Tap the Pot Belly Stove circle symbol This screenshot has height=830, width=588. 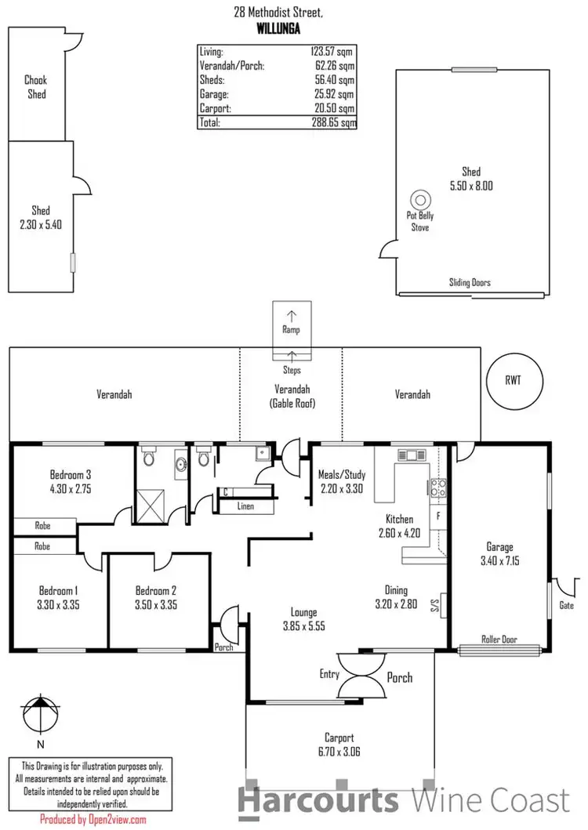coord(420,199)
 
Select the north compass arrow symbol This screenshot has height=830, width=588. coord(37,714)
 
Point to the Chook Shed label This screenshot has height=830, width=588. coord(36,87)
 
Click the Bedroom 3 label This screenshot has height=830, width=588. coord(71,474)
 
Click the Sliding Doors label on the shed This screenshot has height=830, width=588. coord(470,282)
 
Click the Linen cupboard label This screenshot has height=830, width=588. coord(245,506)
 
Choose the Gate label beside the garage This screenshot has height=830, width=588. coord(567,605)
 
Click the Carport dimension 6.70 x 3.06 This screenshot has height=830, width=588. coord(340,751)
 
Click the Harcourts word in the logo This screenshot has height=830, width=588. coord(318,801)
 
